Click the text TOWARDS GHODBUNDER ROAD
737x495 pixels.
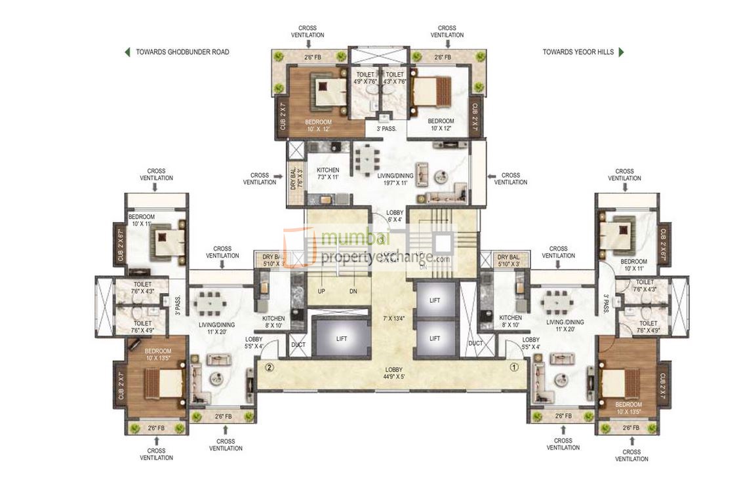pyautogui.click(x=182, y=52)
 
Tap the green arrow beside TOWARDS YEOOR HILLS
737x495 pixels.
pyautogui.click(x=621, y=52)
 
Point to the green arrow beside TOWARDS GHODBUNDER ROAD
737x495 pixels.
pyautogui.click(x=127, y=52)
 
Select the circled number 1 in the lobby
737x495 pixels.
pyautogui.click(x=515, y=367)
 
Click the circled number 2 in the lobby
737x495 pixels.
pyautogui.click(x=269, y=367)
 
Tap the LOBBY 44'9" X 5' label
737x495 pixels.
pyautogui.click(x=394, y=373)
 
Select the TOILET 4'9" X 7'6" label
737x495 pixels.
pyautogui.click(x=365, y=78)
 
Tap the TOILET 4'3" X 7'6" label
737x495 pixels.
pyautogui.click(x=394, y=78)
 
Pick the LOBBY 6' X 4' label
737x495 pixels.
pyautogui.click(x=394, y=217)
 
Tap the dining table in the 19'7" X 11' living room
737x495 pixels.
pyautogui.click(x=365, y=160)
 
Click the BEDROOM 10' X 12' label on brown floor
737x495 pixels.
pyautogui.click(x=318, y=125)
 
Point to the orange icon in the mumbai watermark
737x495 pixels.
pyautogui.click(x=298, y=247)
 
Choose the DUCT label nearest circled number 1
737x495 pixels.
pyautogui.click(x=475, y=343)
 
